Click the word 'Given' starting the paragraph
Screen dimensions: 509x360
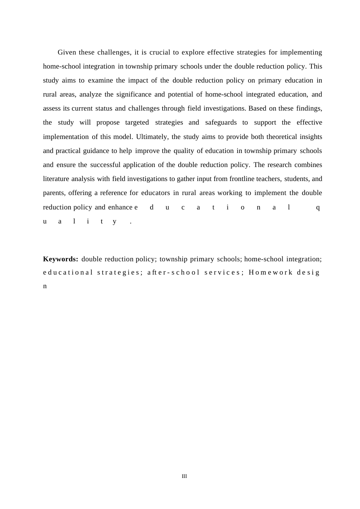click(67, 52)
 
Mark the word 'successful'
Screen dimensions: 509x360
click(105, 165)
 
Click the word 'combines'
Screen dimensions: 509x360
click(308, 165)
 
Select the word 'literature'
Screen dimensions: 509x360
click(56, 179)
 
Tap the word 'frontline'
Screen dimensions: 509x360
click(241, 179)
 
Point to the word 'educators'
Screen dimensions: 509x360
click(155, 193)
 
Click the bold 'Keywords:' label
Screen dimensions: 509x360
click(61, 259)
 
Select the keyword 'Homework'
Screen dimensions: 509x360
click(271, 272)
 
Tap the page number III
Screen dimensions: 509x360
click(184, 476)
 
